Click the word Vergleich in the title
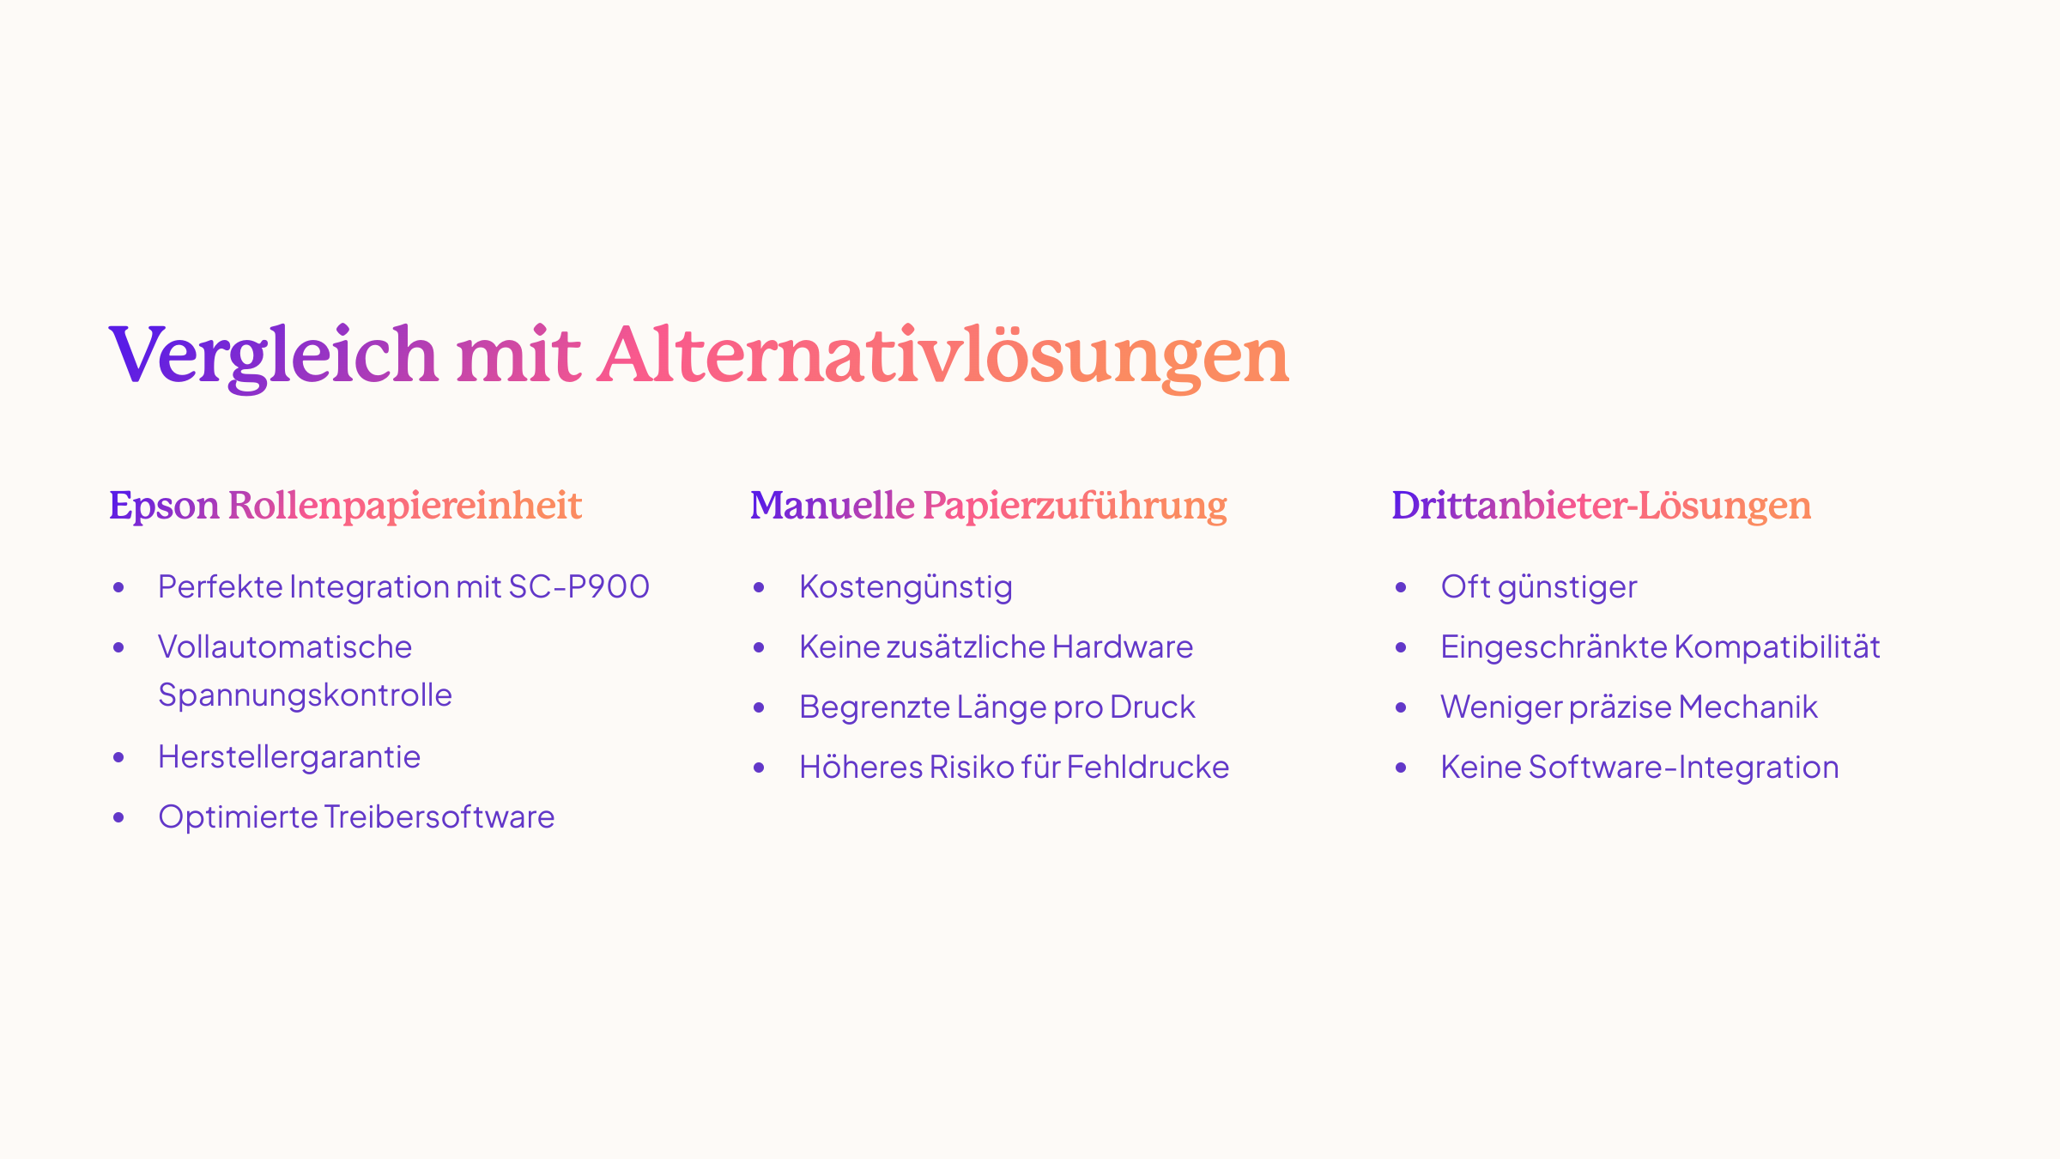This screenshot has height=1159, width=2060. (x=274, y=356)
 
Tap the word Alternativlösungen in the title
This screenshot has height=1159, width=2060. (x=944, y=356)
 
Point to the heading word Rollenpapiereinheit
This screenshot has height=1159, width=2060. (x=405, y=507)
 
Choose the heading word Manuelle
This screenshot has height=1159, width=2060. (x=833, y=505)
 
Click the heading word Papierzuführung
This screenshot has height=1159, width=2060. (x=1075, y=507)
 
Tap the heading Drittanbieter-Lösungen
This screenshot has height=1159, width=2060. (x=1602, y=507)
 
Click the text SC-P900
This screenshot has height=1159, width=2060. (x=579, y=587)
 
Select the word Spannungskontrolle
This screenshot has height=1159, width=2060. (x=305, y=695)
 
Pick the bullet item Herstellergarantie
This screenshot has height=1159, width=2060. (x=289, y=757)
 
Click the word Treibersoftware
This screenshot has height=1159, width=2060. (x=439, y=817)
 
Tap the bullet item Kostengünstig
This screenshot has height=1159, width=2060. (x=906, y=588)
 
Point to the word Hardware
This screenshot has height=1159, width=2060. (x=1123, y=647)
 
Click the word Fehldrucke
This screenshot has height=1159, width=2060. (x=1148, y=768)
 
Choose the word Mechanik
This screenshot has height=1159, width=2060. (x=1748, y=707)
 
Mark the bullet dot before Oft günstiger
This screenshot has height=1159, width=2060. (x=1401, y=587)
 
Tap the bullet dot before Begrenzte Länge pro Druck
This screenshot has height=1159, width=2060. (x=759, y=707)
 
